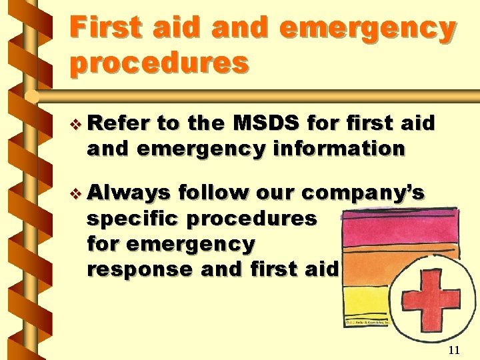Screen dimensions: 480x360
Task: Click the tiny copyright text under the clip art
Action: coord(367,323)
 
